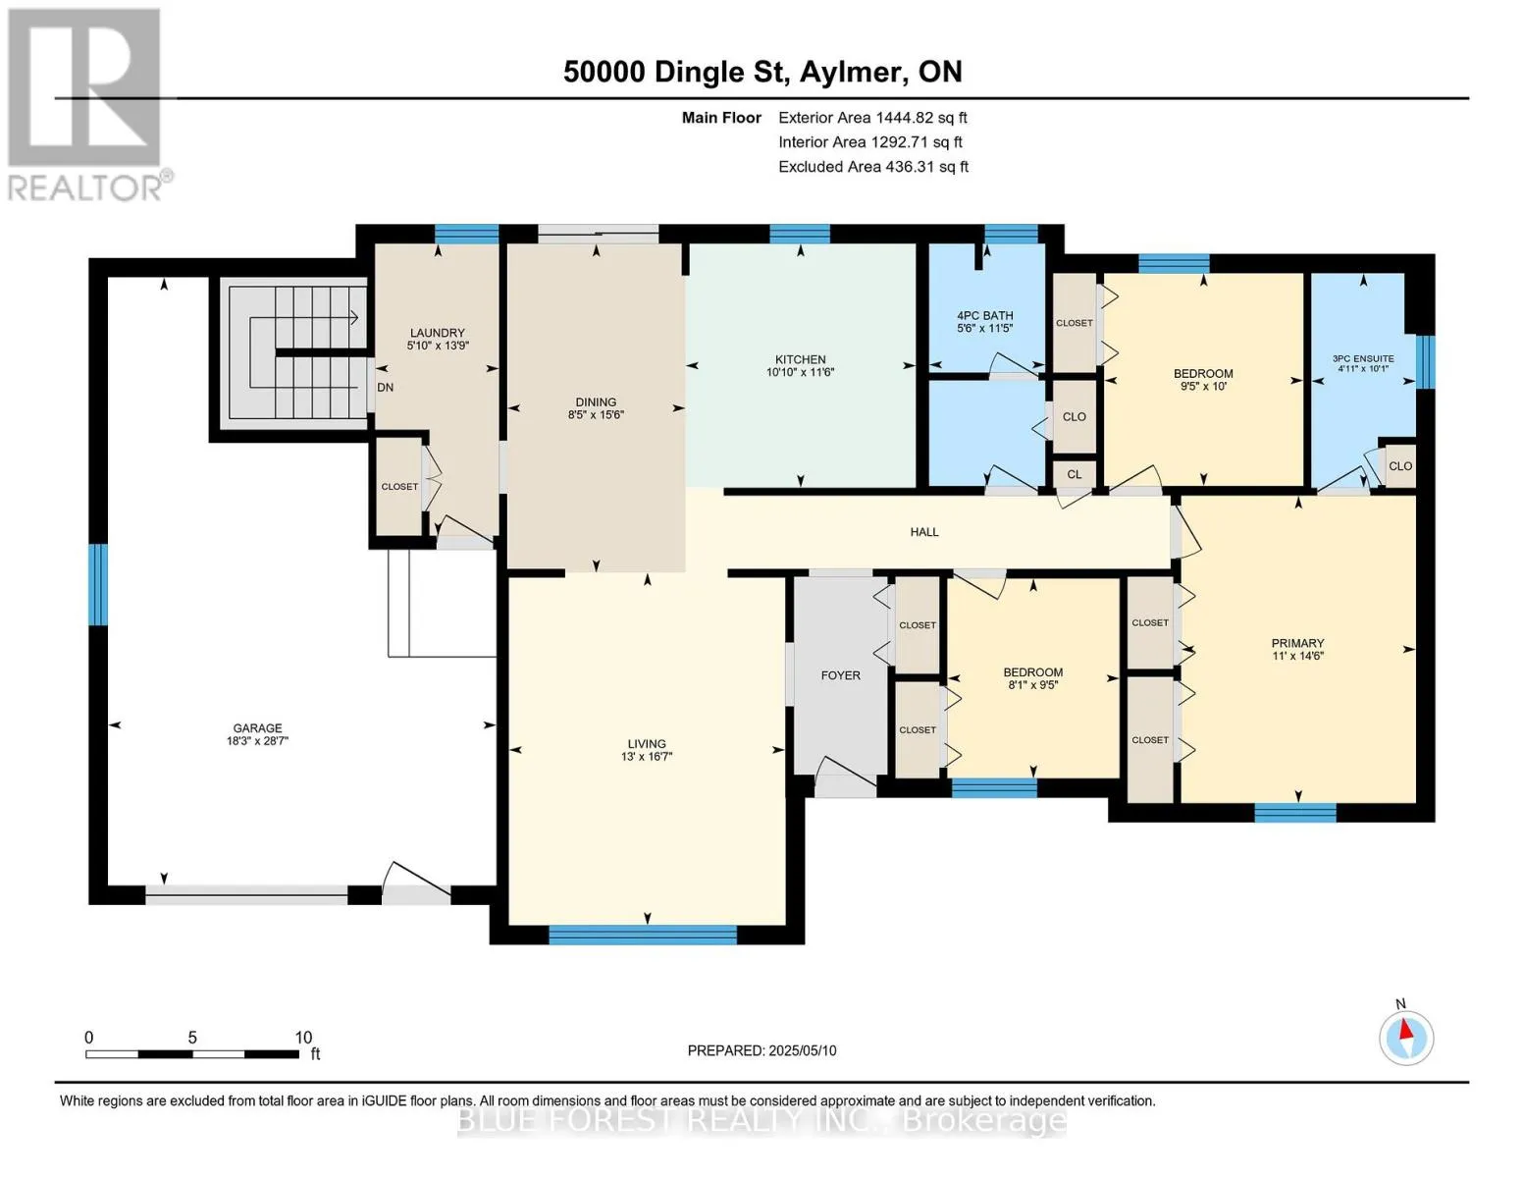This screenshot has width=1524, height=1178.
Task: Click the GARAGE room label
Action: point(257,728)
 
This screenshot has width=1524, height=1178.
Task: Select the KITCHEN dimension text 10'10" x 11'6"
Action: point(800,372)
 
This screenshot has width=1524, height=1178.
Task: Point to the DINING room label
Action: point(596,402)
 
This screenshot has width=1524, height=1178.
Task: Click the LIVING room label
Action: point(647,744)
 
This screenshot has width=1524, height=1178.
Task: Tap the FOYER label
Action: point(840,675)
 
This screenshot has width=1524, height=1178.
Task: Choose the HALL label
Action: point(924,532)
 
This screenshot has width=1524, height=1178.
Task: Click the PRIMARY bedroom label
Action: point(1297,643)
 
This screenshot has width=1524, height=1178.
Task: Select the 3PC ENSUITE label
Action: point(1363,358)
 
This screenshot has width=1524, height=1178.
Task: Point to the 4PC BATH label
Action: point(984,316)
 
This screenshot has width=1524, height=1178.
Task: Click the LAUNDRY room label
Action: point(437,333)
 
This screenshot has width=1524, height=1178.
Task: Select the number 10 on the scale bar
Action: point(303,1037)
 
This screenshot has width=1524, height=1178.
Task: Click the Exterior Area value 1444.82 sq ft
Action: point(920,117)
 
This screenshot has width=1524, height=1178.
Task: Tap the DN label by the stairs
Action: point(385,388)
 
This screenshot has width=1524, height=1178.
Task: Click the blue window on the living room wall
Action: point(643,935)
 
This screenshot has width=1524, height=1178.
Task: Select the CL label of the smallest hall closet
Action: point(1074,474)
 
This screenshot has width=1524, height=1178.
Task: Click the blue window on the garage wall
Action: point(98,584)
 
